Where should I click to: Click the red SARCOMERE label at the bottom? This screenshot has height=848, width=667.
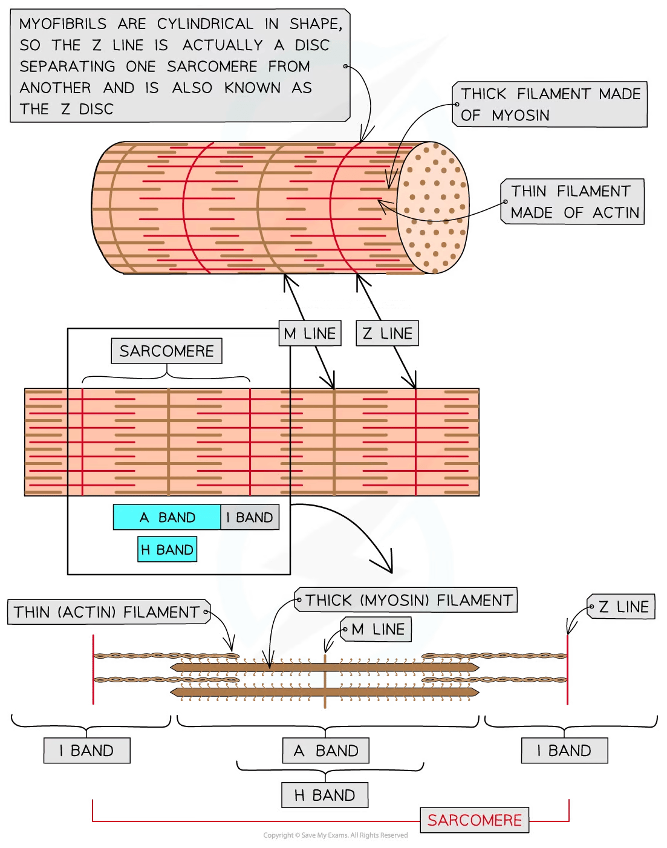474,820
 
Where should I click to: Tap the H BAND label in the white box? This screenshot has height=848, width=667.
324,795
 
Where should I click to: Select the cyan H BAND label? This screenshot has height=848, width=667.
167,550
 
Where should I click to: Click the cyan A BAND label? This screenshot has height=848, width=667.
167,518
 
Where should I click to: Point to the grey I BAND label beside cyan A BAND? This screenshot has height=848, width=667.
249,518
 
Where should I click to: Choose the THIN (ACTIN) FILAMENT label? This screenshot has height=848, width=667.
107,612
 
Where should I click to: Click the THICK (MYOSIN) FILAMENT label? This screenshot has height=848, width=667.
408,600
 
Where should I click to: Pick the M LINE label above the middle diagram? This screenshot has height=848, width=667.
310,333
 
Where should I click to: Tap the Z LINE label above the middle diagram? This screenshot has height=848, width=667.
387,333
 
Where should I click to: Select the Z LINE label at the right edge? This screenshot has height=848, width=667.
623,607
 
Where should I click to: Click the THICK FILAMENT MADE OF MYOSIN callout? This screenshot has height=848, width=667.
550,105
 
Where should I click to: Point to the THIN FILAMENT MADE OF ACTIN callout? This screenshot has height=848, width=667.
574,202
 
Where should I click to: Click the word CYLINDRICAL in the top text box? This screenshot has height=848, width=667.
206,24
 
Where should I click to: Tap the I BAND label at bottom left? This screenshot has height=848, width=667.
86,751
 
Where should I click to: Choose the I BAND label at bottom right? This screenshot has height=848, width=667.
564,751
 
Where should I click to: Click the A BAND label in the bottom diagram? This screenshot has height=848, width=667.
325,751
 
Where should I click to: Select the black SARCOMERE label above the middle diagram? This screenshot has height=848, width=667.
166,351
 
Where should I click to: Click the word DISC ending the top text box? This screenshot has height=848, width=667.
96,109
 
